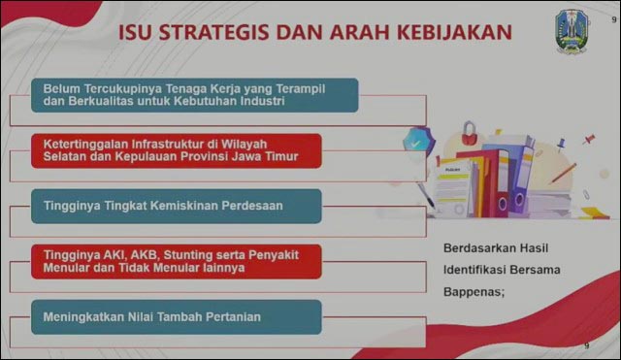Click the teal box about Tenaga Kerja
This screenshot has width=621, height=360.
pyautogui.click(x=195, y=94)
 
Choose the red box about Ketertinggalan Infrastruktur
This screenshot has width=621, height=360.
pyautogui.click(x=176, y=149)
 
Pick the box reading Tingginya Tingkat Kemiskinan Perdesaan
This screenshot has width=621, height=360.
pyautogui.click(x=176, y=206)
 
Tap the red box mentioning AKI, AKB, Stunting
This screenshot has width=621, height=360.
pyautogui.click(x=176, y=260)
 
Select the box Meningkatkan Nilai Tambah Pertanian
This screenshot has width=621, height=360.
pyautogui.click(x=176, y=316)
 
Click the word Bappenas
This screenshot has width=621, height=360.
pyautogui.click(x=473, y=293)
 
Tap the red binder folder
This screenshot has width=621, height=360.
pyautogui.click(x=486, y=184)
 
